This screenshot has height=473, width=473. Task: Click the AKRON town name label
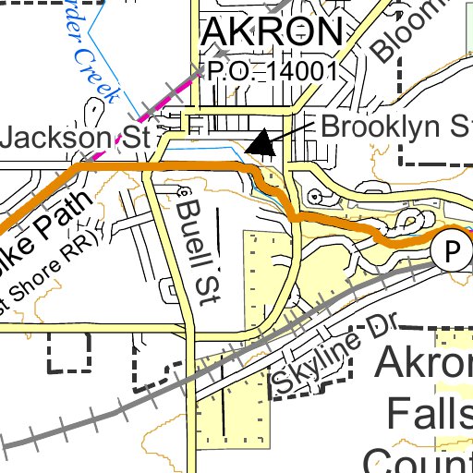click(272, 33)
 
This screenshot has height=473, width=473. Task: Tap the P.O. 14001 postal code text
click(270, 70)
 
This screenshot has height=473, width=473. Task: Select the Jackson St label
click(76, 139)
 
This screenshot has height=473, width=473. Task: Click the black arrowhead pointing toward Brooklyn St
click(261, 142)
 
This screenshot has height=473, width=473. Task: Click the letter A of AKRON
click(214, 33)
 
